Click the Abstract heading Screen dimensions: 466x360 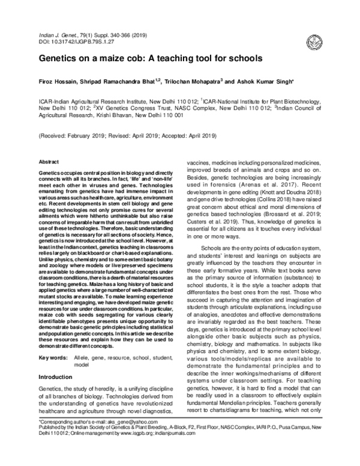(x=48, y=162)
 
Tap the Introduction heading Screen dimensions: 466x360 (x=55, y=377)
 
